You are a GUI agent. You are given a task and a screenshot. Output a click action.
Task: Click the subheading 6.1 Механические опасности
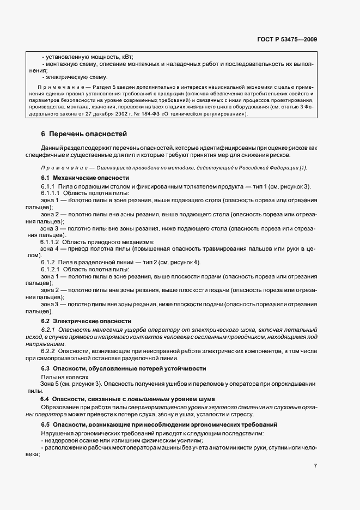click(x=85, y=178)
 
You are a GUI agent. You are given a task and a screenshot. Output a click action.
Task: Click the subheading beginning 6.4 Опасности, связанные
click(x=127, y=399)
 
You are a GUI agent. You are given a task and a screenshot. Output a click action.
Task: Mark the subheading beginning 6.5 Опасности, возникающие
click(x=159, y=424)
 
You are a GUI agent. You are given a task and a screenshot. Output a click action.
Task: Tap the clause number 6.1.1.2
click(x=50, y=241)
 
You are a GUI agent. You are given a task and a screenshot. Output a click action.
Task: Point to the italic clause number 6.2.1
click(x=48, y=330)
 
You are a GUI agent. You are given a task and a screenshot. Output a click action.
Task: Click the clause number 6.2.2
click(x=48, y=351)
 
